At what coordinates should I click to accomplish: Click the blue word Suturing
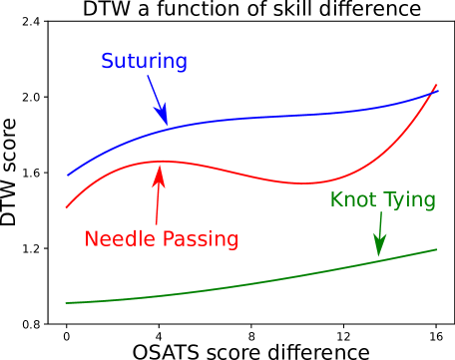click(x=144, y=62)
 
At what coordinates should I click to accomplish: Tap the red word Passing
click(x=204, y=240)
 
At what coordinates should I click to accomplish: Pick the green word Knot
click(x=352, y=199)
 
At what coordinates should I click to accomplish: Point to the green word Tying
click(x=408, y=201)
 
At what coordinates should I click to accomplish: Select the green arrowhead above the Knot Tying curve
click(x=379, y=249)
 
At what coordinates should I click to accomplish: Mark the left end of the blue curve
click(x=68, y=176)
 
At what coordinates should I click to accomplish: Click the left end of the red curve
click(x=66, y=207)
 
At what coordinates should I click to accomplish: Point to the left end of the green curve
click(x=66, y=301)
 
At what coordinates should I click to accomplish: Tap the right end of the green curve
click(x=437, y=249)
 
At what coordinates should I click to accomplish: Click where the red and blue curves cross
click(x=431, y=93)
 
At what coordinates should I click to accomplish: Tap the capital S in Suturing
click(x=108, y=62)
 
